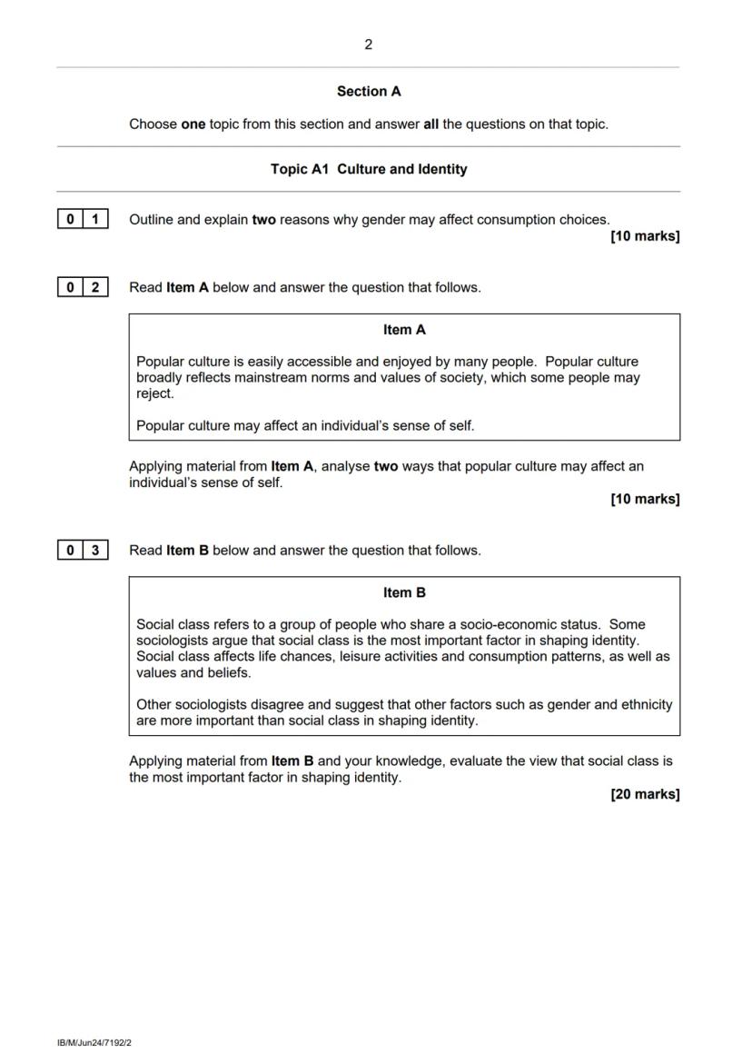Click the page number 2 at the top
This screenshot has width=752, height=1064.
tap(368, 45)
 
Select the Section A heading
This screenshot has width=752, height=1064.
tap(368, 91)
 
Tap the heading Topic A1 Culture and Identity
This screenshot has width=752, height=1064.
tap(368, 169)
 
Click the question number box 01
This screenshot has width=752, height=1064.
tap(83, 219)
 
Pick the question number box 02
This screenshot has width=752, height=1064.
tap(83, 287)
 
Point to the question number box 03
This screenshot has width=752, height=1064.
tap(83, 550)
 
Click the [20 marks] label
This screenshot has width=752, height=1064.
tap(645, 794)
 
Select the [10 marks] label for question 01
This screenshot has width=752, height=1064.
tap(645, 236)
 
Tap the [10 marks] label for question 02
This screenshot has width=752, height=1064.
tap(645, 499)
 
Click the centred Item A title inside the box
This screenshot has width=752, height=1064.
tap(404, 330)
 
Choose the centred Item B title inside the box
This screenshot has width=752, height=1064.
tap(404, 592)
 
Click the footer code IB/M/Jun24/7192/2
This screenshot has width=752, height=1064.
tap(94, 1043)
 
